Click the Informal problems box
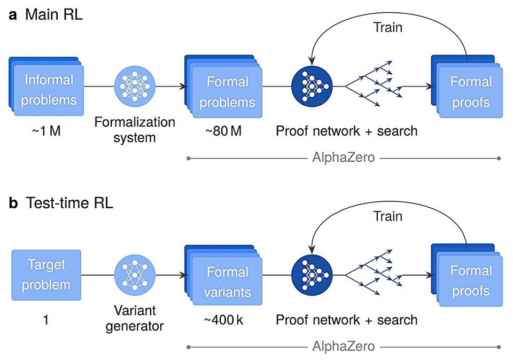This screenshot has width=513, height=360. pyautogui.click(x=48, y=90)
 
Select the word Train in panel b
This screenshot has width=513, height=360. pyautogui.click(x=387, y=216)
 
